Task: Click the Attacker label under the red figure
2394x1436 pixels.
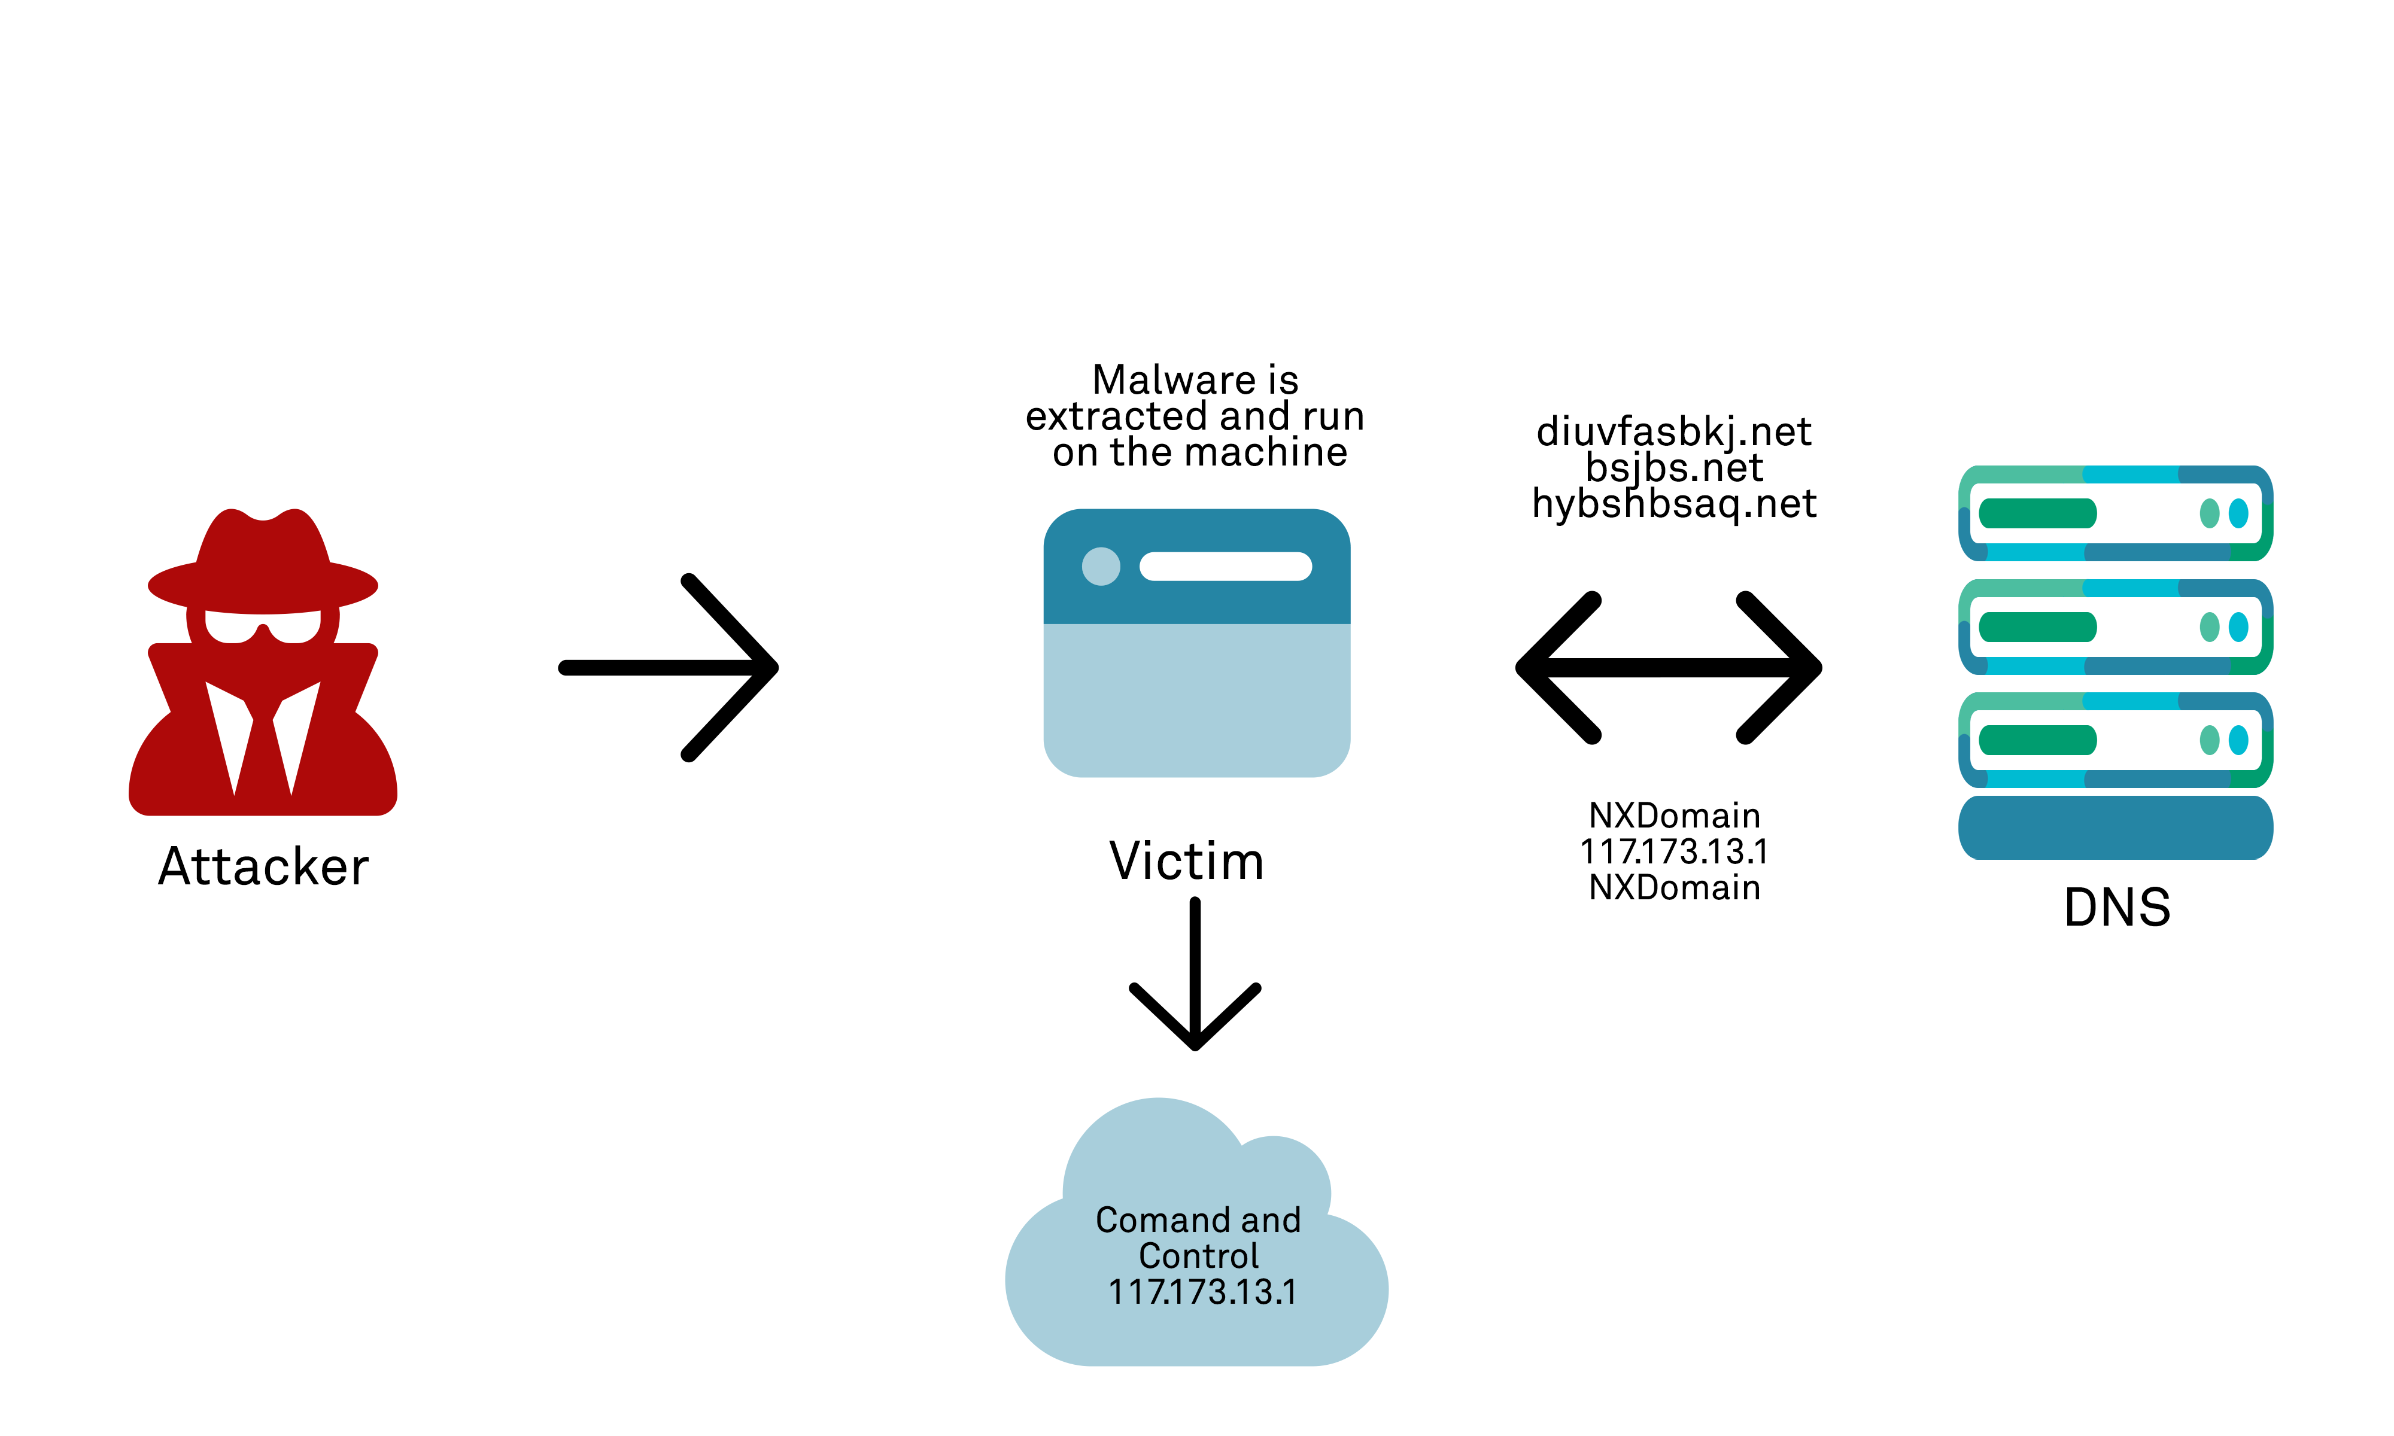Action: (263, 866)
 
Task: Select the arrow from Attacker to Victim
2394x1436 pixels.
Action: (668, 668)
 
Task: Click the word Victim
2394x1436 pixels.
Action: (1186, 860)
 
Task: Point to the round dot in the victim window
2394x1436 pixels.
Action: (1100, 566)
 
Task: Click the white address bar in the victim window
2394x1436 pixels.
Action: (1225, 566)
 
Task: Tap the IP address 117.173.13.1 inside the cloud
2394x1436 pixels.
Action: (1202, 1292)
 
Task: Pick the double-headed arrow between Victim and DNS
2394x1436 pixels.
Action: (1669, 668)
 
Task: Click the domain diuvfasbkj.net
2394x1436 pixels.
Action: (1674, 431)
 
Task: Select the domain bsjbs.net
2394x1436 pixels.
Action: (1674, 468)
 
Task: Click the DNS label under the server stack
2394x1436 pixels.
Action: (2117, 908)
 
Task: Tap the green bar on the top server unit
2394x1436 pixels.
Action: (2037, 513)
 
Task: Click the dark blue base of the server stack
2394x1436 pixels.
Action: (2115, 828)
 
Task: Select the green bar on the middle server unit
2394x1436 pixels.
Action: (2037, 627)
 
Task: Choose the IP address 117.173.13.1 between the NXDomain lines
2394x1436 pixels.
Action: (1674, 851)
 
